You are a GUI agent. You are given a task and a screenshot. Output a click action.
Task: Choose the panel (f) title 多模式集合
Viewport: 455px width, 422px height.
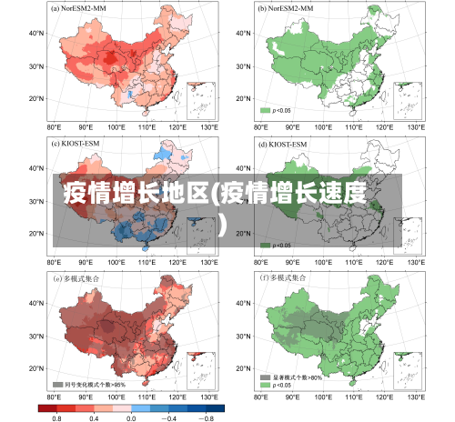point(288,278)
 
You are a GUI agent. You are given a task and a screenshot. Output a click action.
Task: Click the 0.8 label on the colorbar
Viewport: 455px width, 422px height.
point(56,417)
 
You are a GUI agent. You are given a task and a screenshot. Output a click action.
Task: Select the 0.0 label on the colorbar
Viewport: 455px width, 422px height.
point(131,417)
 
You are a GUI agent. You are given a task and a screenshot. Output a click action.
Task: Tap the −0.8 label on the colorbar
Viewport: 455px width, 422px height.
point(207,417)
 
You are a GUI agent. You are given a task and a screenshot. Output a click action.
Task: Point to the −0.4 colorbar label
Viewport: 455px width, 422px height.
point(169,417)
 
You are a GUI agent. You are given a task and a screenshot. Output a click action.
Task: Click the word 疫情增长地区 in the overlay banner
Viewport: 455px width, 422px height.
point(136,193)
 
